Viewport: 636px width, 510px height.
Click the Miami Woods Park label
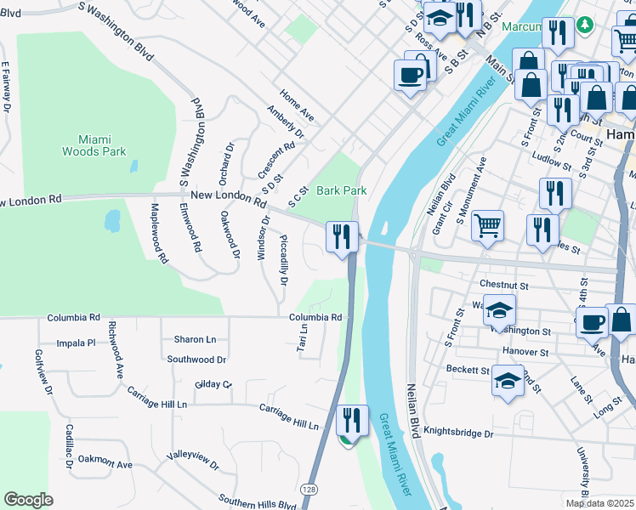[94, 145]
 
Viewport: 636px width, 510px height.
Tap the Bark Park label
[342, 190]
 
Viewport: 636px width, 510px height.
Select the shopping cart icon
[487, 226]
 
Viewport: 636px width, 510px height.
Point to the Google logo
[28, 499]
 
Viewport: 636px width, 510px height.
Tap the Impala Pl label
[76, 343]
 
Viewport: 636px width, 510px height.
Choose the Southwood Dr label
[196, 360]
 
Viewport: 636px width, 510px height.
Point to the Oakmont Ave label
[105, 463]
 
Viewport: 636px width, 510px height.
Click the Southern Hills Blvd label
[257, 501]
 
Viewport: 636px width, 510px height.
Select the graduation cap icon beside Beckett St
[508, 381]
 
